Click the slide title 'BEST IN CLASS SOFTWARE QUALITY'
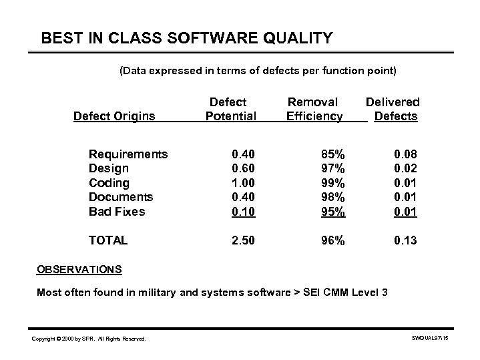point(186,38)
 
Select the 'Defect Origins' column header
point(114,117)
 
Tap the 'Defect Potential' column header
point(230,110)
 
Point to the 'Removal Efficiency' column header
point(314,110)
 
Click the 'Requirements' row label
point(128,154)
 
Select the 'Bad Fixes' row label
point(117,212)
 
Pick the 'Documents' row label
point(121,197)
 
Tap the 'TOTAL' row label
point(108,240)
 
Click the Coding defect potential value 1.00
point(241,183)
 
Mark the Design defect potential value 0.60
point(241,168)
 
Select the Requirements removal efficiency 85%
point(330,154)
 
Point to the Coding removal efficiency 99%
point(330,183)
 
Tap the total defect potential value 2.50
point(241,240)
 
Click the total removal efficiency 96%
point(330,240)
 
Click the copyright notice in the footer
point(89,339)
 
